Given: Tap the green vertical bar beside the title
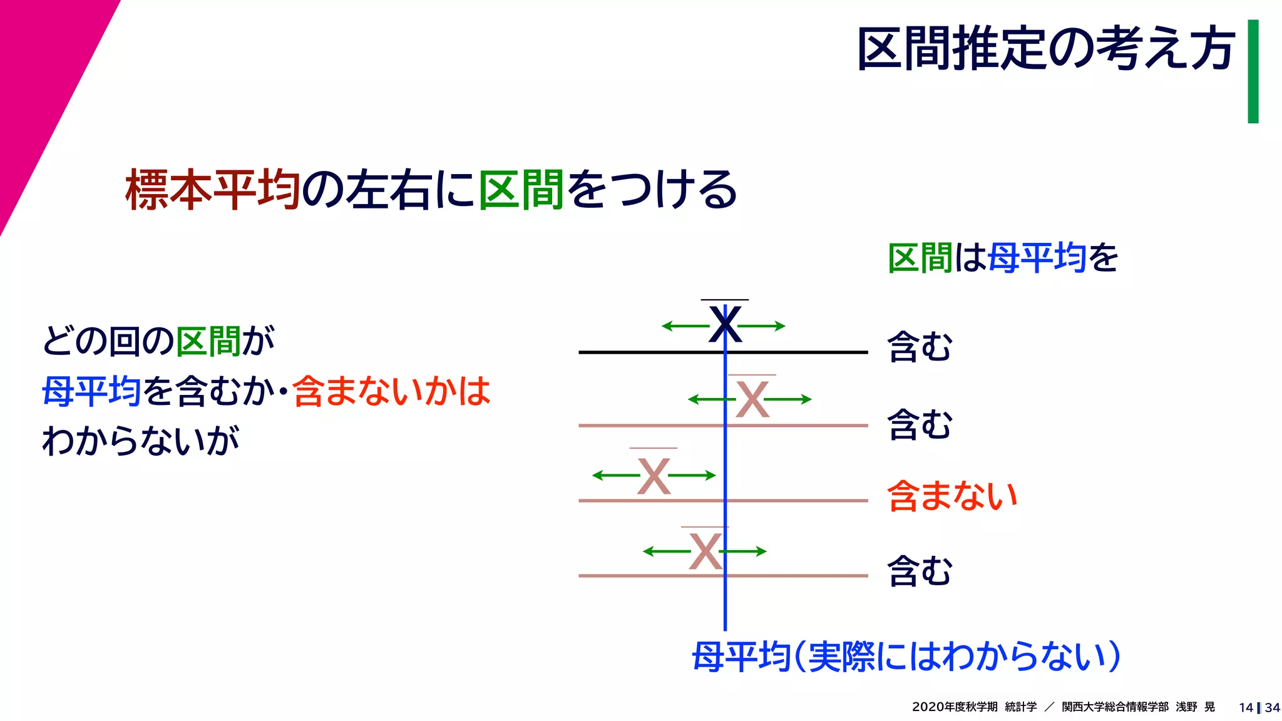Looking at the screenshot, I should pyautogui.click(x=1253, y=71).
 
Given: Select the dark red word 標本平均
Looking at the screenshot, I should pyautogui.click(x=213, y=189).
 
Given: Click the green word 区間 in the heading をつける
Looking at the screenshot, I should pyautogui.click(x=521, y=189).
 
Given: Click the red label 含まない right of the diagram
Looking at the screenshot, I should pyautogui.click(x=952, y=496).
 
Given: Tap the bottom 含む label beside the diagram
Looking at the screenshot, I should pyautogui.click(x=920, y=571).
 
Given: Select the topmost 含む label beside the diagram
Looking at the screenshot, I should pyautogui.click(x=920, y=346).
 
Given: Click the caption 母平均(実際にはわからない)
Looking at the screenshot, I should pyautogui.click(x=905, y=657).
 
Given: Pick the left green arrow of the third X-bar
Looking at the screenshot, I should pyautogui.click(x=615, y=476).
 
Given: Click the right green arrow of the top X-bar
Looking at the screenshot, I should pyautogui.click(x=762, y=326).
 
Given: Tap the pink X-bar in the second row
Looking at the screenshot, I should pyautogui.click(x=752, y=399).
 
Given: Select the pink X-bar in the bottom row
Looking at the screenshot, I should pyautogui.click(x=705, y=551).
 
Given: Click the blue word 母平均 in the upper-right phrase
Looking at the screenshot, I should pyautogui.click(x=1037, y=258).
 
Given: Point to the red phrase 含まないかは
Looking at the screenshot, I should pyautogui.click(x=391, y=391).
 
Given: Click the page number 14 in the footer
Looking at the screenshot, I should pyautogui.click(x=1246, y=708).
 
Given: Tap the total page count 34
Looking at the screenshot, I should pyautogui.click(x=1272, y=708).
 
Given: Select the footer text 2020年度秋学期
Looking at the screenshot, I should pyautogui.click(x=954, y=707).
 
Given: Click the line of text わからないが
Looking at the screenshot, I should pyautogui.click(x=141, y=440).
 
